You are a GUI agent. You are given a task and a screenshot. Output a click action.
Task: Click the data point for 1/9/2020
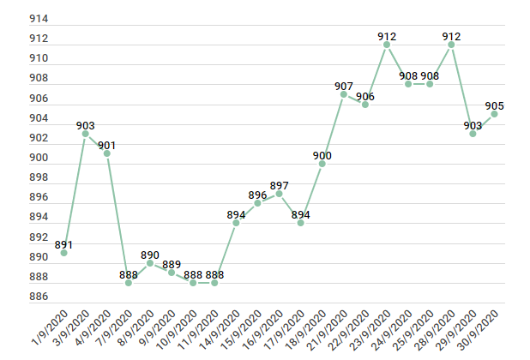(63, 253)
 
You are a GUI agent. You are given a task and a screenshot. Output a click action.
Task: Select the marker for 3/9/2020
(86, 134)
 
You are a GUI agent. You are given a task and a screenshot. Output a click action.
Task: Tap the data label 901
(107, 145)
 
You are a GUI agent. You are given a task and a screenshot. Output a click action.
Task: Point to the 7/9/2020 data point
(129, 282)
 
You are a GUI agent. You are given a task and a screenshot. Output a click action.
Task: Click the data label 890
(150, 255)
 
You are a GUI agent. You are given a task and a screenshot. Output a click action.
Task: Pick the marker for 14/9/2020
(236, 223)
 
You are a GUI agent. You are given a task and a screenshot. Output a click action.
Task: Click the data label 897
(280, 185)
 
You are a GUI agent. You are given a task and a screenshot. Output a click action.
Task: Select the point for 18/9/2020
(322, 164)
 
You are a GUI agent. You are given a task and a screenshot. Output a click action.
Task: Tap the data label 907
(344, 86)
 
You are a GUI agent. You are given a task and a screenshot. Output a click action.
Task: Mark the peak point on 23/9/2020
(387, 45)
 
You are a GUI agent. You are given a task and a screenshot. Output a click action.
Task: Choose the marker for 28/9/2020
(451, 45)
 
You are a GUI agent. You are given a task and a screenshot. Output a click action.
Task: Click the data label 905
(495, 105)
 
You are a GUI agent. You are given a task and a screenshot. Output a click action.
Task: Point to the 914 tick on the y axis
(39, 19)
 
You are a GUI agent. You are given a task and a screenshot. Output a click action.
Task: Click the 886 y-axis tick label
(39, 297)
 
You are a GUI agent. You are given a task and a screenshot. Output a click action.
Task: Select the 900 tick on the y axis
(39, 158)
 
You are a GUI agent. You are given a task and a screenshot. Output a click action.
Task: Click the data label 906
(365, 96)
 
